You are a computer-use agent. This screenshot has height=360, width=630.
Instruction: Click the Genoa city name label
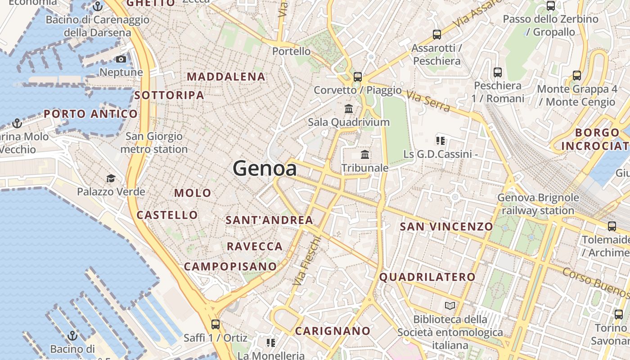(265, 169)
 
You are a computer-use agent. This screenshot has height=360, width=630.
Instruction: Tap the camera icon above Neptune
(121, 59)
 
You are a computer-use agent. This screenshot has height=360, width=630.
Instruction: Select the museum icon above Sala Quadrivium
(349, 108)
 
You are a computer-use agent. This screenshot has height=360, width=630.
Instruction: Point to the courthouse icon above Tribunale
(365, 155)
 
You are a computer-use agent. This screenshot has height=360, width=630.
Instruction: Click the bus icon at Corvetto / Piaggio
(358, 77)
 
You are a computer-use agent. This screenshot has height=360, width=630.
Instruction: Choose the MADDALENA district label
(226, 77)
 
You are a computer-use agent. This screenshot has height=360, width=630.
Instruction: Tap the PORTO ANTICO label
(90, 114)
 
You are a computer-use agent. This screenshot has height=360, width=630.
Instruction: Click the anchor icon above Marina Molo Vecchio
(17, 123)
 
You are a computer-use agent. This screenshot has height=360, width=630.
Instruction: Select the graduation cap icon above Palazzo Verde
(111, 179)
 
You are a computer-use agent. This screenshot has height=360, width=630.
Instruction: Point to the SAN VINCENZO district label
(446, 226)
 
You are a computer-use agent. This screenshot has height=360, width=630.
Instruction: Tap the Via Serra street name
(428, 101)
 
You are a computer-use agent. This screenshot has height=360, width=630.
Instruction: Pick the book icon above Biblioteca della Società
(450, 306)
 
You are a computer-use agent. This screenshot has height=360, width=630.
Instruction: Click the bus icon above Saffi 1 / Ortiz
(216, 324)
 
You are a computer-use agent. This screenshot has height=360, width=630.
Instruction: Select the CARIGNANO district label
(333, 331)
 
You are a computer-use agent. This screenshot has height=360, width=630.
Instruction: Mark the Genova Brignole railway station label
(538, 204)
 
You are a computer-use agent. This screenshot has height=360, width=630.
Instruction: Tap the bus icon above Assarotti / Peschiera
(436, 35)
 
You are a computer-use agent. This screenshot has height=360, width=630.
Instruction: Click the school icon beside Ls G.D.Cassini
(441, 141)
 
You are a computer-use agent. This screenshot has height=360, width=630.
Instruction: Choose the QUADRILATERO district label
(427, 277)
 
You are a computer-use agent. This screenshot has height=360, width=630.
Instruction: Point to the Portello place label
(292, 51)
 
